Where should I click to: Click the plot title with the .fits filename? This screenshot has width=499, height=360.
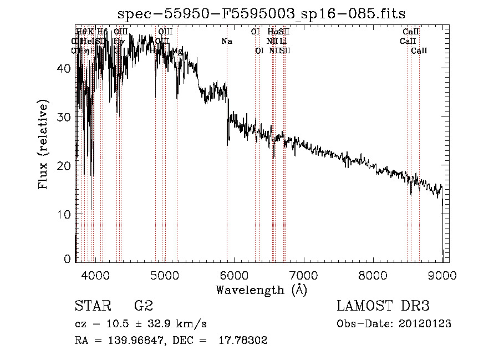click(x=262, y=14)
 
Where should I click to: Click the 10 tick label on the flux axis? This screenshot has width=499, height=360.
click(x=65, y=214)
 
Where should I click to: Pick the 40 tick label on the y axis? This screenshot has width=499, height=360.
click(x=65, y=68)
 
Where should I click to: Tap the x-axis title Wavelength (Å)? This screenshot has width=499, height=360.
click(x=261, y=290)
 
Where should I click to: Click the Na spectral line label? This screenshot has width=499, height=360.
click(x=227, y=41)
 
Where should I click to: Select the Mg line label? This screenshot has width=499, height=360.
click(x=177, y=50)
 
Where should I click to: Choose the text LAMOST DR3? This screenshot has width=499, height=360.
click(x=383, y=306)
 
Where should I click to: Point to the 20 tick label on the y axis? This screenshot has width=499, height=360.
click(x=65, y=166)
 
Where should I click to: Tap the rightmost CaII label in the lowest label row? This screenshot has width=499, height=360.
click(x=419, y=50)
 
